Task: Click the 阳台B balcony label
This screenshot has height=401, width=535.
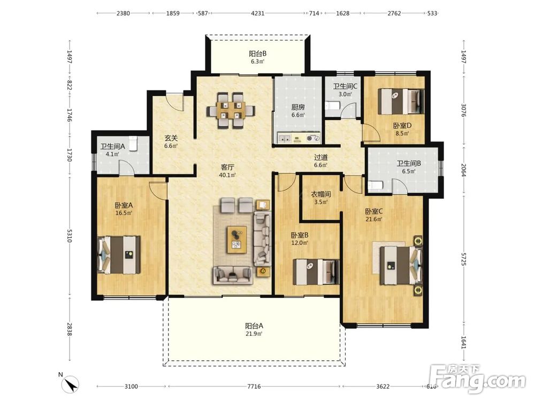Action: point(258,53)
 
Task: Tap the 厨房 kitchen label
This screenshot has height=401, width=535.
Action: point(298,107)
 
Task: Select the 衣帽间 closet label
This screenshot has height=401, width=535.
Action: point(320,195)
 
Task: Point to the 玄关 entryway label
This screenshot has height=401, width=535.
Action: point(171,138)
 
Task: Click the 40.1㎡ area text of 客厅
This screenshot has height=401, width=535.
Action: point(227,175)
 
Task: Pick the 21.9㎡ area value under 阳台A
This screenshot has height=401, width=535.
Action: point(254,334)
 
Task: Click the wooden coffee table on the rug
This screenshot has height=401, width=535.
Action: point(237,240)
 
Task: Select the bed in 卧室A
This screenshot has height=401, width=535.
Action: point(119,255)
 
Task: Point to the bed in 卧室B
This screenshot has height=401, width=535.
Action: point(316,272)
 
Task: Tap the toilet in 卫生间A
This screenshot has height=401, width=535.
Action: point(133,143)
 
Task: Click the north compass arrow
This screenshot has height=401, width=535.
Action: point(71,384)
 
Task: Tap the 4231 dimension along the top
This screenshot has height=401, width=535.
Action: point(258,13)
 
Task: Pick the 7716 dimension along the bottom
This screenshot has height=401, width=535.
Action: point(254,387)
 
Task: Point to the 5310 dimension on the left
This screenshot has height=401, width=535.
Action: point(70,236)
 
